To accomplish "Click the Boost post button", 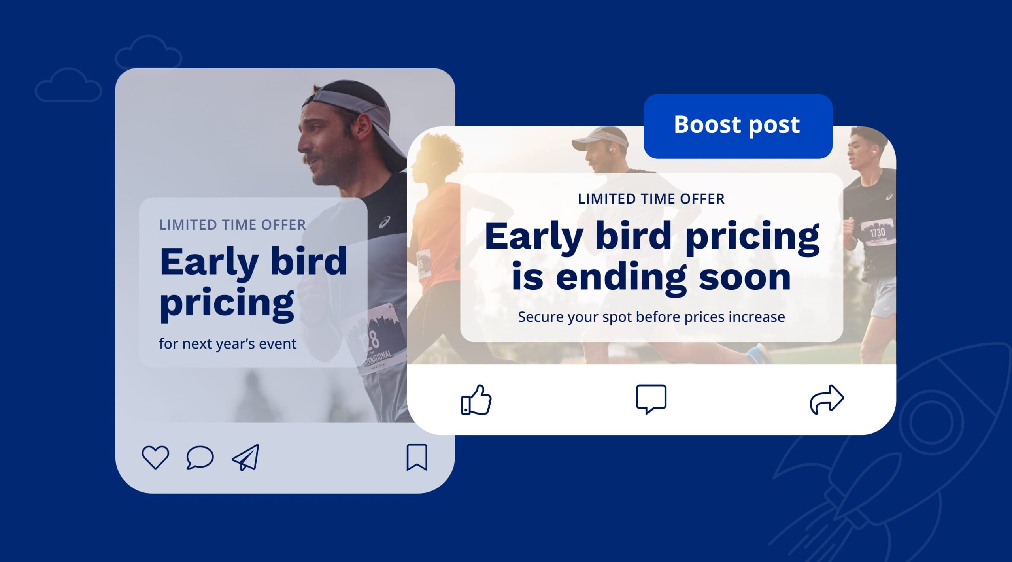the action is pyautogui.click(x=738, y=126).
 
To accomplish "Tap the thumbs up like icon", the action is pyautogui.click(x=476, y=400).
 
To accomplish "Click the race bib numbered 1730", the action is pyautogui.click(x=877, y=232).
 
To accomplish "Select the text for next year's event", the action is pyautogui.click(x=227, y=344).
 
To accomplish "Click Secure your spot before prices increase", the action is pyautogui.click(x=651, y=317).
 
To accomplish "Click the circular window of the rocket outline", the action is pyautogui.click(x=931, y=422).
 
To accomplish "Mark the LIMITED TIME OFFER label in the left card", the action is pyautogui.click(x=232, y=225).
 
